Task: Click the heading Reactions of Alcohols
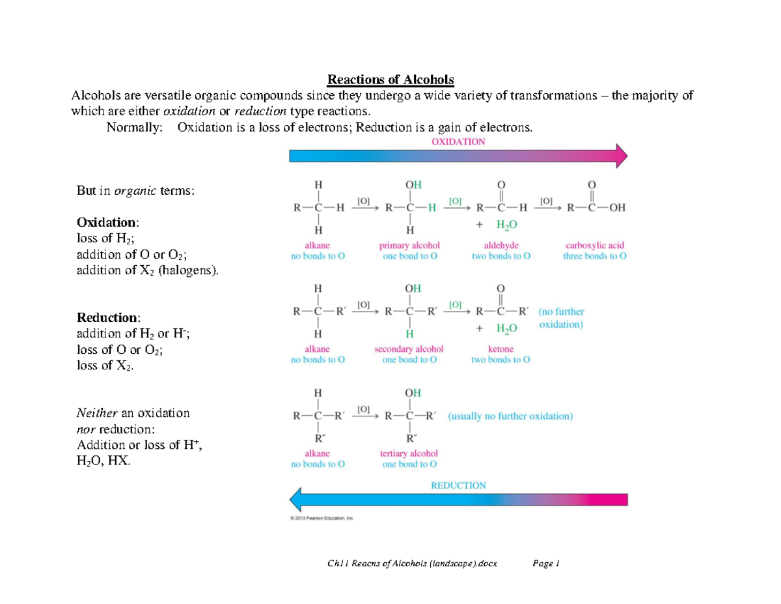pyautogui.click(x=390, y=79)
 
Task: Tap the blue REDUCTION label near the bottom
pyautogui.click(x=458, y=485)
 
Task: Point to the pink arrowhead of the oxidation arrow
pyautogui.click(x=621, y=156)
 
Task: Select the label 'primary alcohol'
pyautogui.click(x=409, y=245)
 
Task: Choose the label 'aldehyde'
pyautogui.click(x=500, y=245)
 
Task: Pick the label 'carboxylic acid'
pyautogui.click(x=595, y=245)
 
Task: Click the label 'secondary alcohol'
pyautogui.click(x=409, y=349)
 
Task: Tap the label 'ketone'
pyautogui.click(x=500, y=349)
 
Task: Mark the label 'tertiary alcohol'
pyautogui.click(x=409, y=453)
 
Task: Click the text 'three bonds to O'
pyautogui.click(x=595, y=256)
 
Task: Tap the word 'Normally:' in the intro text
pyautogui.click(x=134, y=127)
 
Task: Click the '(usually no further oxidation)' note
pyautogui.click(x=510, y=416)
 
